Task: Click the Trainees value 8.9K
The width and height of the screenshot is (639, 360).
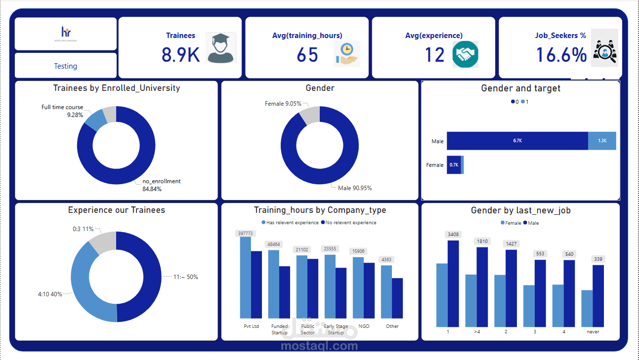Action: click(x=180, y=55)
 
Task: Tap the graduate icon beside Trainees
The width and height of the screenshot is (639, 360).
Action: click(x=221, y=48)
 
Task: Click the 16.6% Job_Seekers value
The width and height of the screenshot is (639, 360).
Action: click(x=561, y=55)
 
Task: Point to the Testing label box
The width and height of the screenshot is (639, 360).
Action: click(x=66, y=66)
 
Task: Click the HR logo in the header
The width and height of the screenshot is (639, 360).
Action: click(x=66, y=34)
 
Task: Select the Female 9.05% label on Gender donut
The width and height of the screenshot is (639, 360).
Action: click(x=283, y=104)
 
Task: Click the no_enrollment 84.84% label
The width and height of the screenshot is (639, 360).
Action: click(x=161, y=185)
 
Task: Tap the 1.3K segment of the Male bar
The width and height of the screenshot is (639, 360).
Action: click(x=602, y=141)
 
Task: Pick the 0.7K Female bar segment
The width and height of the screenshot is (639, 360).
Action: click(x=454, y=165)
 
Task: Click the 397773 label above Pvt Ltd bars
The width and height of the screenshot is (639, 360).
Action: click(x=246, y=234)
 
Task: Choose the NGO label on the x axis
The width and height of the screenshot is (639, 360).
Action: click(x=364, y=326)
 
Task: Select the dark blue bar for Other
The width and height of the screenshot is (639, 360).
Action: click(x=397, y=298)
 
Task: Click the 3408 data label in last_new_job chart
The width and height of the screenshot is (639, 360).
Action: click(x=453, y=234)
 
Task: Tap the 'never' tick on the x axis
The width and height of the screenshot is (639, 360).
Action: click(x=593, y=332)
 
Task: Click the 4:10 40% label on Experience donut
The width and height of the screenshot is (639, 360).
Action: click(x=50, y=294)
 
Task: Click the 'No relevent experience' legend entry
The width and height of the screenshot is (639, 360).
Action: click(x=348, y=223)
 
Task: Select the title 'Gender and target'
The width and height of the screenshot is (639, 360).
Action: click(x=520, y=88)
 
